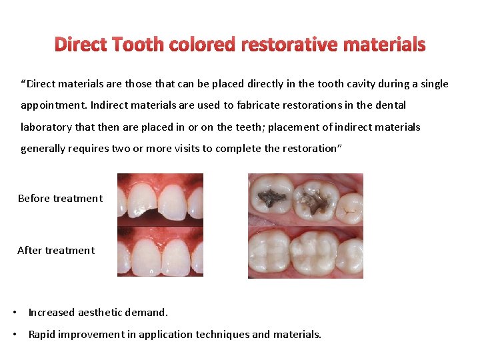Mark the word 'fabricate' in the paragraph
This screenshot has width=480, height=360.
245,105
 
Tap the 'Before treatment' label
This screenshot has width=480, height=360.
60,198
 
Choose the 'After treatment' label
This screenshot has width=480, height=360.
56,250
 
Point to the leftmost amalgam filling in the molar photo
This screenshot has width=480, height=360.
271,197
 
